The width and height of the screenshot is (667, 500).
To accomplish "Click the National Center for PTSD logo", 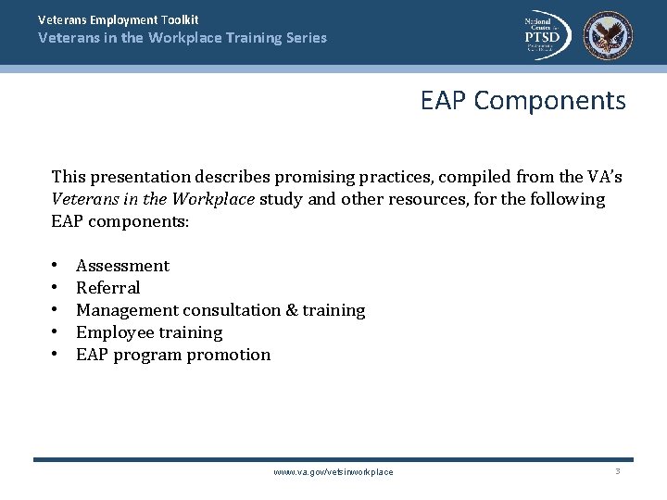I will pyautogui.click(x=546, y=35).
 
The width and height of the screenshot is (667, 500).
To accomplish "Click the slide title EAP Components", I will pyautogui.click(x=522, y=100).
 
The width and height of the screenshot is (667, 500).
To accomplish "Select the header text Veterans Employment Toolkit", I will pyautogui.click(x=119, y=19).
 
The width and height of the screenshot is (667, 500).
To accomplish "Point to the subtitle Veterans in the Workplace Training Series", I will pyautogui.click(x=182, y=38).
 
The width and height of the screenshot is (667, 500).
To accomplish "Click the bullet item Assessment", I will pyautogui.click(x=122, y=266).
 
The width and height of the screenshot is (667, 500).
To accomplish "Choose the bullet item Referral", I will pyautogui.click(x=107, y=288).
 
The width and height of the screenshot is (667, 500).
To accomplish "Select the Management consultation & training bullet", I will pyautogui.click(x=220, y=310).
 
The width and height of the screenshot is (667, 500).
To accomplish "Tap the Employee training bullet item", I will pyautogui.click(x=149, y=332).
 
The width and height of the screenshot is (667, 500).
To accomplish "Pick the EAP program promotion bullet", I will pyautogui.click(x=173, y=355).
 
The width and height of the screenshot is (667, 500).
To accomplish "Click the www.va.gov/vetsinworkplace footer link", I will pyautogui.click(x=333, y=472).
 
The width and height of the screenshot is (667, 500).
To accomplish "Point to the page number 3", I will pyautogui.click(x=618, y=471).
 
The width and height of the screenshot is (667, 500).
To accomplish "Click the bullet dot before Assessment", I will pyautogui.click(x=57, y=266).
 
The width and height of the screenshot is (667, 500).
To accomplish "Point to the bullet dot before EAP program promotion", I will pyautogui.click(x=57, y=355).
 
